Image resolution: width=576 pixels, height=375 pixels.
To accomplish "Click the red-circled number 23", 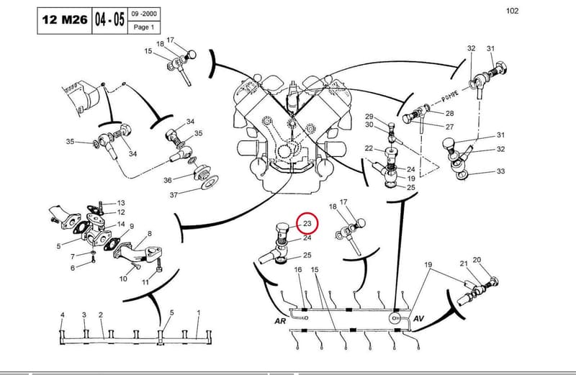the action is pos(307,223).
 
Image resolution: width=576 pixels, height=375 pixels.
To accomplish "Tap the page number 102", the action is pos(512,11).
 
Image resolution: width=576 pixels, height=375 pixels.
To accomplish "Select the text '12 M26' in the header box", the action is pos(65,19).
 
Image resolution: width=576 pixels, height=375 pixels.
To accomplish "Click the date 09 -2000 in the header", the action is pos(144,14).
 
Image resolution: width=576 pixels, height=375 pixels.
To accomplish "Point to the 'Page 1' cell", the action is pos(144,27).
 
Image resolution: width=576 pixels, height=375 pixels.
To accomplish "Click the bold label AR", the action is pos(280,321).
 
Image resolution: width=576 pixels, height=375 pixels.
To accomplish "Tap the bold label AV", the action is pos(419,318).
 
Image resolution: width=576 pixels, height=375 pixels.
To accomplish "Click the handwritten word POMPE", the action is pos(450,96).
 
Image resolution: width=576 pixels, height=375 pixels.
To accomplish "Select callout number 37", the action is pos(174,195).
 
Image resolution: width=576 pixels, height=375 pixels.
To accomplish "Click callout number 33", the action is pos(500,171).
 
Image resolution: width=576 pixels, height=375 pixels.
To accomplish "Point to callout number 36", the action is pos(168,181).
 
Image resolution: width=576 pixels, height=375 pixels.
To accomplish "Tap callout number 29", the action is pos(369,117).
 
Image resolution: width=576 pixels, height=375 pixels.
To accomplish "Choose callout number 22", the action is pos(369,148).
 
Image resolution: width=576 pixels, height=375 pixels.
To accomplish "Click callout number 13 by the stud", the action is pos(121,203).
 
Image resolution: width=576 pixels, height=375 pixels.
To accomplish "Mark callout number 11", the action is pos(145,282).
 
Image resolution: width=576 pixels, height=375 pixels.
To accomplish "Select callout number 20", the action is pos(477,260).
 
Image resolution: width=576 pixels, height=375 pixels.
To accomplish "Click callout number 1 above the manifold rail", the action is pos(199,313).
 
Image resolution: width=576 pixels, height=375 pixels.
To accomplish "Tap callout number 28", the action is pos(449,113).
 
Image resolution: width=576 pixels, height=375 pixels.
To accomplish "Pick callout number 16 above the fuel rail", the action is pos(298,270).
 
